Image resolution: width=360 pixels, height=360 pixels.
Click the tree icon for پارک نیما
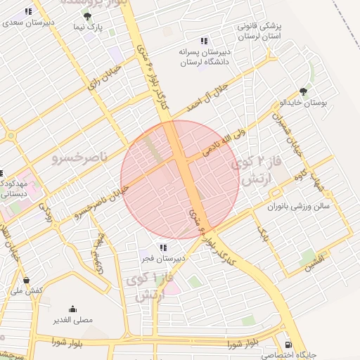point(87,16)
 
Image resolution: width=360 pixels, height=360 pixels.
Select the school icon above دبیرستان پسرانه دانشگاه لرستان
point(204,41)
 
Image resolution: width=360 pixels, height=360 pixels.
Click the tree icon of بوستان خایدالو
point(303,91)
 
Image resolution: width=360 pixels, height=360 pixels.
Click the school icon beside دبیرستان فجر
point(163,247)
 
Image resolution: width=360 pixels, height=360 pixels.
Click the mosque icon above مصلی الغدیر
point(73,309)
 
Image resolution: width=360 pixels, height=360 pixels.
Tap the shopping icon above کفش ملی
point(26,280)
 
